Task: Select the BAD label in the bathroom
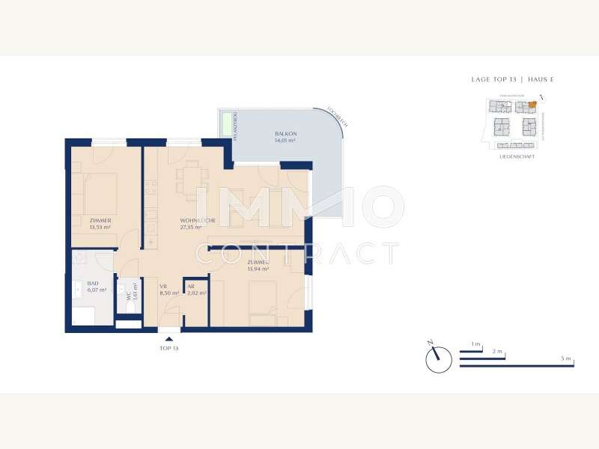[93, 284]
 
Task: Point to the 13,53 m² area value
[100, 227]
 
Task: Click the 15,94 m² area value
[258, 269]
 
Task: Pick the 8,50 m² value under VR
[169, 293]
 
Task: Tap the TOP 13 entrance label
[169, 349]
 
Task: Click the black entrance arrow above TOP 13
[169, 339]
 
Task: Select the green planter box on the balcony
[225, 123]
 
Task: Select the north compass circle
[439, 360]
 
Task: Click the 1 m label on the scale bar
[475, 343]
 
